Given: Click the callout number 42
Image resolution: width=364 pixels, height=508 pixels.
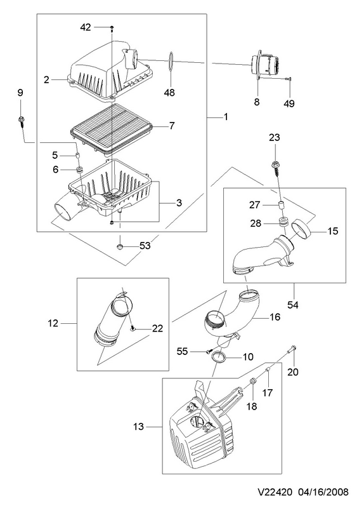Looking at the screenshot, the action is click(x=86, y=27).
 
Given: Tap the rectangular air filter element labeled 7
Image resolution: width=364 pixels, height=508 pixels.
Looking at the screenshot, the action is click(x=111, y=129).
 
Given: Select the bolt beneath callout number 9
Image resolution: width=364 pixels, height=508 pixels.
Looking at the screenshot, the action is click(x=21, y=123).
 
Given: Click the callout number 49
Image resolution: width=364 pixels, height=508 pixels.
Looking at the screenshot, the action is click(x=289, y=104).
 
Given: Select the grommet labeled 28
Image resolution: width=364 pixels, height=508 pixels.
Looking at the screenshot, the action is click(x=283, y=223).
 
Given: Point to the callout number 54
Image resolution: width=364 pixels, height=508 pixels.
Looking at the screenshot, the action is click(x=293, y=305).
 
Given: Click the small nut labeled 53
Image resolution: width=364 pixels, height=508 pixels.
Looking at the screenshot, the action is click(x=120, y=247).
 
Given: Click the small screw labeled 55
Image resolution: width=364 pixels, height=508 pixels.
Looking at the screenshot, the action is click(x=209, y=351).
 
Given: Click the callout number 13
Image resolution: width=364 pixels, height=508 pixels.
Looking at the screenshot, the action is click(x=138, y=426).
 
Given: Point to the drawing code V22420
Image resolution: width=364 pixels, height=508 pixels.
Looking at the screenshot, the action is click(x=275, y=491).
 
